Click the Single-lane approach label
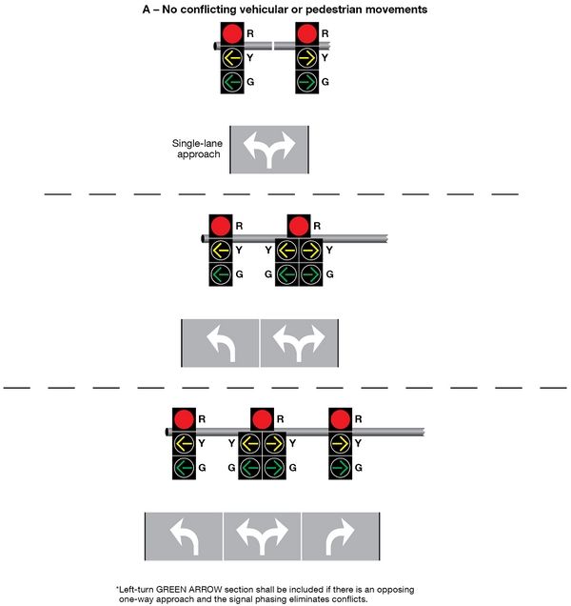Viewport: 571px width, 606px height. [x=196, y=148]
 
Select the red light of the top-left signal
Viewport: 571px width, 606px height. [x=231, y=34]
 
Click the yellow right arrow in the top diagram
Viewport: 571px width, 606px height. [x=307, y=58]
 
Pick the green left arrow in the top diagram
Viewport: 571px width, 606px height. [x=231, y=82]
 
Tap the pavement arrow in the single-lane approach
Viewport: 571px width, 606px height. [x=270, y=148]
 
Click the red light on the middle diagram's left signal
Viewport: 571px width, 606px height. [x=221, y=227]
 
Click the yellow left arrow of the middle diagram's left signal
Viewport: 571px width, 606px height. [x=221, y=251]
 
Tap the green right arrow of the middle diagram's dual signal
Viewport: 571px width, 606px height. [x=310, y=274]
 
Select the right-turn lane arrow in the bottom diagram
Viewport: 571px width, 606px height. [x=341, y=539]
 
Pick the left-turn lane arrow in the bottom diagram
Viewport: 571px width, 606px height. [x=183, y=539]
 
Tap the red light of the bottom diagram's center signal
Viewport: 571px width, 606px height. [x=262, y=418]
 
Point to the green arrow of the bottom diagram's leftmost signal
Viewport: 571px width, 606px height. [x=184, y=468]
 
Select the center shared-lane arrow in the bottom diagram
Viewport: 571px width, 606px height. [x=262, y=539]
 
